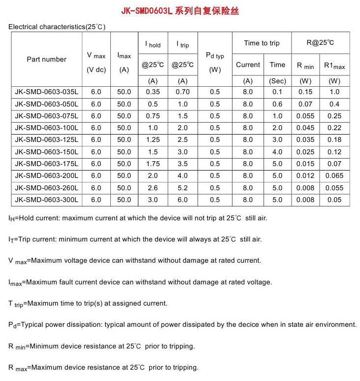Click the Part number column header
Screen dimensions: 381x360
coord(46,59)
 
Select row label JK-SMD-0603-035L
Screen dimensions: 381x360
coord(46,92)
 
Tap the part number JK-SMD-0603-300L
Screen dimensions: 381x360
coord(46,200)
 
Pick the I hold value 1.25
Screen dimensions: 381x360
coord(153,140)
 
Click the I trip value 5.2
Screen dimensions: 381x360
coord(183,188)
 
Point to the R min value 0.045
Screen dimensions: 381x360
coord(305,128)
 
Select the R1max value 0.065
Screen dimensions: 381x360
coord(334,176)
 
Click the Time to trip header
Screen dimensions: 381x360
coord(262,43)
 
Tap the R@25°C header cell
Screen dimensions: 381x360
coord(320,42)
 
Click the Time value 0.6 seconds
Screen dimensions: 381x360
coord(277,104)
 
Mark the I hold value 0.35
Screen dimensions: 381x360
coord(153,92)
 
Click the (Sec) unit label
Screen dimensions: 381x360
coord(277,81)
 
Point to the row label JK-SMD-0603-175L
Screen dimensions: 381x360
coord(46,164)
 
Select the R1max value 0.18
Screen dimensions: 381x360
coord(334,140)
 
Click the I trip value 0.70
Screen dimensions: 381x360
coord(183,92)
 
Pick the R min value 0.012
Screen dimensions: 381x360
coord(305,176)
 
